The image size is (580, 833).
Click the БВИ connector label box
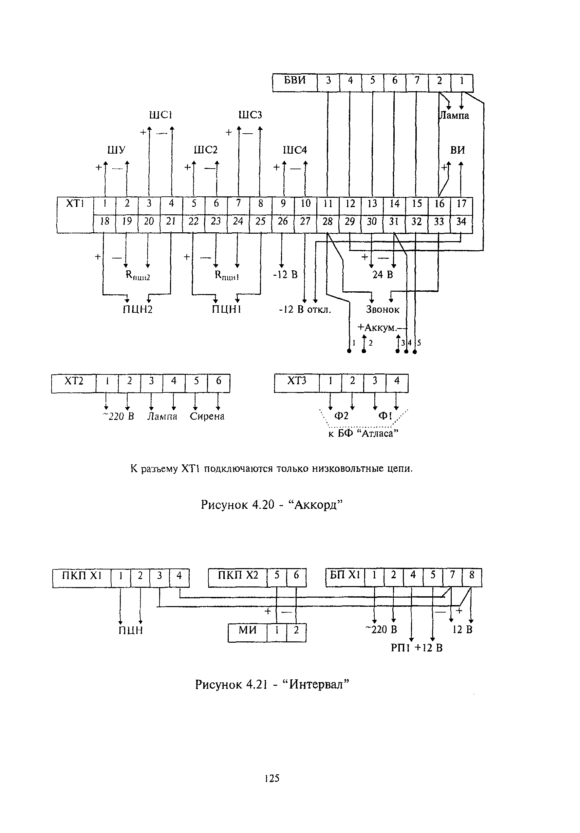[x=294, y=80]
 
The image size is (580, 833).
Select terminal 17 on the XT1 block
[x=461, y=204]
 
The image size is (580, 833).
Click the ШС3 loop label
[x=250, y=115]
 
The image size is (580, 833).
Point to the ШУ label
[x=116, y=150]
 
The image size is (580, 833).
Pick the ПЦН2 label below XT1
[x=137, y=309]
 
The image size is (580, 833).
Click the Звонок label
[x=382, y=309]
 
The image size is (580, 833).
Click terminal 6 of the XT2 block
[x=219, y=381]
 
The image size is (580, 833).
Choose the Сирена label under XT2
[x=207, y=416]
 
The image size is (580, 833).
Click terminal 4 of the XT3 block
[x=397, y=381]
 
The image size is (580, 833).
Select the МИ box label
[x=247, y=630]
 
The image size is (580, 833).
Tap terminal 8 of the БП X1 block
[x=471, y=575]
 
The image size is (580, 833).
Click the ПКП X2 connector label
[x=237, y=575]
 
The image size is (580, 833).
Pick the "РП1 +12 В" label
[x=416, y=647]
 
